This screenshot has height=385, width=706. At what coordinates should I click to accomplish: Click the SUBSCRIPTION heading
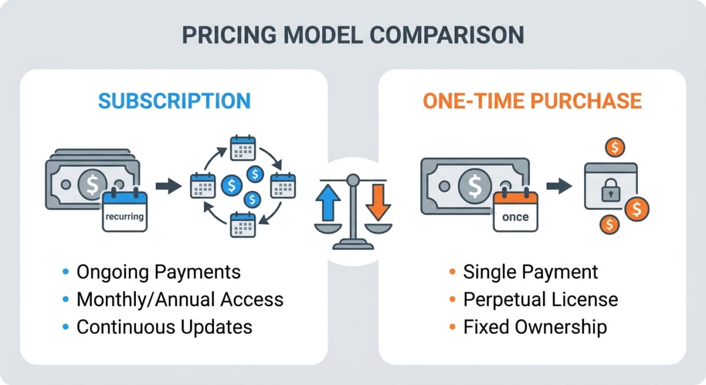coord(174,101)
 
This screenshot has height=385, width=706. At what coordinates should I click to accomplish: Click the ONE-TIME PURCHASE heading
coord(532,101)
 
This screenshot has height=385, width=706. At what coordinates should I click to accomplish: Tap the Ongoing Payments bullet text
coord(159,272)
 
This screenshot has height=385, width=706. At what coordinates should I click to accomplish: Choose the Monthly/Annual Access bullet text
coord(180,299)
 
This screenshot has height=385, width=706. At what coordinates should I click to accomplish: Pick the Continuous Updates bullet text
coord(165,327)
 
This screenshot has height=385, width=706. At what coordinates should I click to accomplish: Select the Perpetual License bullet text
coord(541,299)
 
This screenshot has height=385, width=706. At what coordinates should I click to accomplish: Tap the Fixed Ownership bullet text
coord(535,327)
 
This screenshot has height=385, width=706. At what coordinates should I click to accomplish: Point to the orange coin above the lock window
coord(615,148)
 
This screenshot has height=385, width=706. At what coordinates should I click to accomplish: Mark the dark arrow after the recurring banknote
coord(169,186)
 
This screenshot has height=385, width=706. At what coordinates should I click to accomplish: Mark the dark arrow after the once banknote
coord(559,186)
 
